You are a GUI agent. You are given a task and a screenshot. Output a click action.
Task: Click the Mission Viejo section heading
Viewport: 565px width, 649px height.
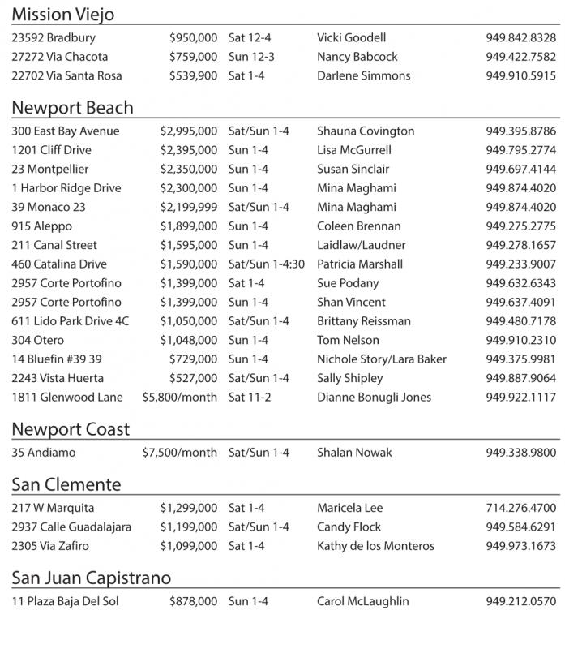(62, 14)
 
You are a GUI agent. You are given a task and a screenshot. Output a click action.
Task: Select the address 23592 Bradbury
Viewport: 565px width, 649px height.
(54, 37)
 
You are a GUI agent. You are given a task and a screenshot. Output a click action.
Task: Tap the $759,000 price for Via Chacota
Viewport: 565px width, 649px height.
(193, 57)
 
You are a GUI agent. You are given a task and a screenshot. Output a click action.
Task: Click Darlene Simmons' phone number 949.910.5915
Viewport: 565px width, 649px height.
(521, 75)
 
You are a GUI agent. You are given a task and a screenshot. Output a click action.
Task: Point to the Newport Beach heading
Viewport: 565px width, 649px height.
(72, 108)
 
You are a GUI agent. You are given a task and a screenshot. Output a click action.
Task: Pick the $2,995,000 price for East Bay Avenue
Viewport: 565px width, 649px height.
(188, 131)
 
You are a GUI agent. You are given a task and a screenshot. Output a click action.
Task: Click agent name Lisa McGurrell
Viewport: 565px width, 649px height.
(353, 150)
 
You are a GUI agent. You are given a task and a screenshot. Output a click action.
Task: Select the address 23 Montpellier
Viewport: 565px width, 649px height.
(50, 169)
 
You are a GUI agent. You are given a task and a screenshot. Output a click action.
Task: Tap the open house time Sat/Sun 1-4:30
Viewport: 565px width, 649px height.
(266, 264)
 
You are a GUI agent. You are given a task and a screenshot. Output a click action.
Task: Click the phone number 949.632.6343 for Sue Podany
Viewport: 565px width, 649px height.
(521, 283)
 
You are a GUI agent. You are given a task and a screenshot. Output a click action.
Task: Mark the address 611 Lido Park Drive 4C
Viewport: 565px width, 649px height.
(71, 321)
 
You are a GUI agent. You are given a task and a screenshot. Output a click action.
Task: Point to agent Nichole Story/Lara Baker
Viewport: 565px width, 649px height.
(382, 359)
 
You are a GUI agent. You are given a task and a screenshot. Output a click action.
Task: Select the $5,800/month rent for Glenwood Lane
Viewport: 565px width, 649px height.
(179, 398)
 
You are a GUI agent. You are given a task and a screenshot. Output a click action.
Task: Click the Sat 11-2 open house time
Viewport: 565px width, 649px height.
(249, 398)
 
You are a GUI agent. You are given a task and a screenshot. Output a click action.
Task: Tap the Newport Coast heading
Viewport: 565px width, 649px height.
(71, 429)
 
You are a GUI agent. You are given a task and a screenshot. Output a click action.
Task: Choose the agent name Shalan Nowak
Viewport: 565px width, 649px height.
(354, 453)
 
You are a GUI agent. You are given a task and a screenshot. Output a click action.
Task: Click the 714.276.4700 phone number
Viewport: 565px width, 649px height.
(521, 508)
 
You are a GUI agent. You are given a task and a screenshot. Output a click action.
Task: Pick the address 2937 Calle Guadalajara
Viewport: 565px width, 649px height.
(71, 527)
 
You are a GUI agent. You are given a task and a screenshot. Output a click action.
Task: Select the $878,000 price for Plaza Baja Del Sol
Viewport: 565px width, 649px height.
(193, 601)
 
